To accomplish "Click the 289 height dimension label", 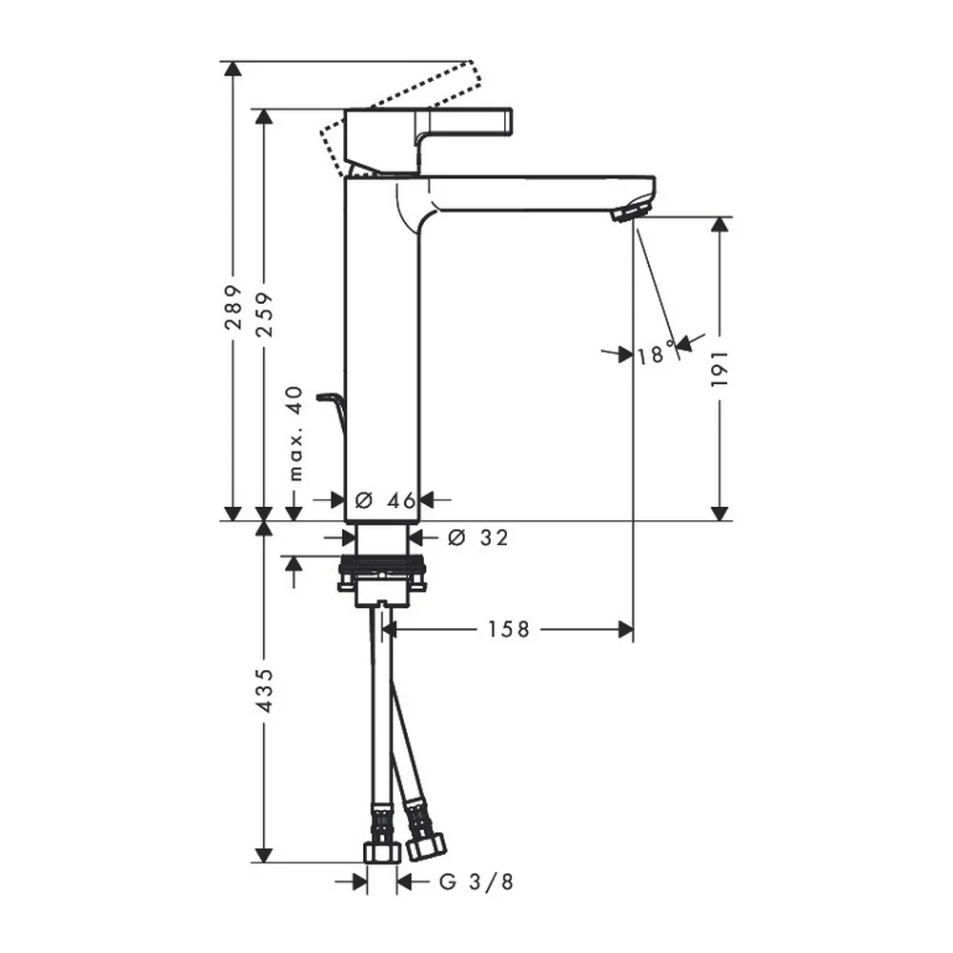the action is coord(233,307).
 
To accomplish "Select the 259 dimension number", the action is coord(264,314).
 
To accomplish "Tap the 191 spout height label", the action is coord(720,368).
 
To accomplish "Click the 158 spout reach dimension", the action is coord(509,629).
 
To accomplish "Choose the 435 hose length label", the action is coord(264,691).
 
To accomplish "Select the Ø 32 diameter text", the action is coord(477,537).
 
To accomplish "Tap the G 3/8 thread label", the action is coord(476,882).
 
